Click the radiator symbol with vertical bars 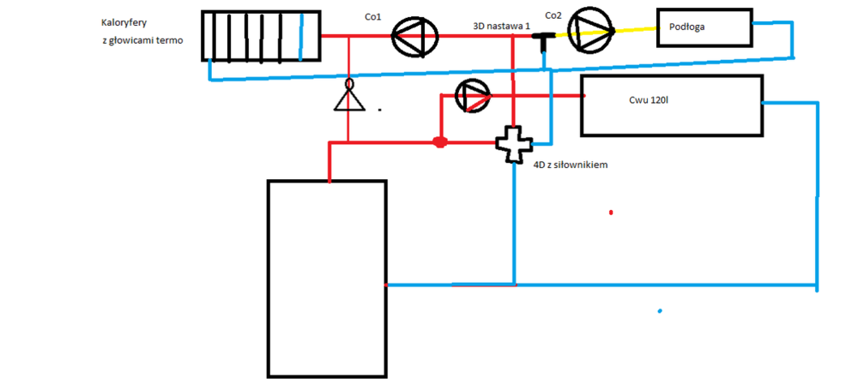click(x=261, y=35)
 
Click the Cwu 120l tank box click(x=671, y=105)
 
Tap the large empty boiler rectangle click(x=326, y=279)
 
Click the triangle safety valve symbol click(x=348, y=96)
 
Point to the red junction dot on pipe click(x=439, y=141)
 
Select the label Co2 click(x=553, y=15)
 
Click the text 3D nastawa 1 click(x=503, y=27)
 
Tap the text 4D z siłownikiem click(x=571, y=165)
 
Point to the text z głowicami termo click(x=142, y=41)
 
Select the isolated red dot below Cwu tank click(x=611, y=212)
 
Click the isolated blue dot click(x=659, y=310)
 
